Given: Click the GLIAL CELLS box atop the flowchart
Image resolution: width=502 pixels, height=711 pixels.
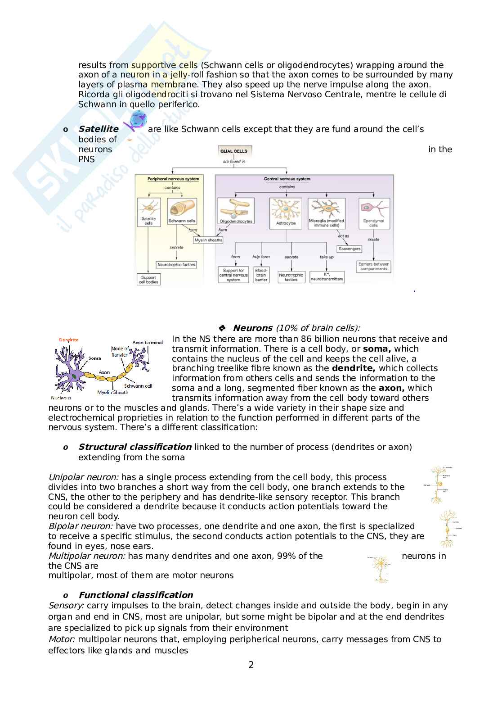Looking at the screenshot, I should click(x=233, y=151).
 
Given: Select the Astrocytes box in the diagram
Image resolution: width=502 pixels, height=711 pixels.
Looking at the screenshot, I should click(x=285, y=212).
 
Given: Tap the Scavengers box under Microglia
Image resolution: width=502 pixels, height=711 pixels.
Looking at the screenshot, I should click(x=349, y=249).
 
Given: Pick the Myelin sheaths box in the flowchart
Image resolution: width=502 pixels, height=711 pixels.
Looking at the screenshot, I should click(x=208, y=240).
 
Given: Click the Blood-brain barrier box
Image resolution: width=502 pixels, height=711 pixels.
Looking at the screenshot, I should click(x=261, y=275).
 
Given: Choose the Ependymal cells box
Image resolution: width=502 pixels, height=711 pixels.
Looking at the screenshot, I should click(x=373, y=212).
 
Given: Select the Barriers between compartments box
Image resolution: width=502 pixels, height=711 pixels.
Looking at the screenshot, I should click(x=373, y=266).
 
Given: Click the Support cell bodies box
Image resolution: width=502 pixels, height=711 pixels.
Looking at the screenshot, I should click(x=148, y=280).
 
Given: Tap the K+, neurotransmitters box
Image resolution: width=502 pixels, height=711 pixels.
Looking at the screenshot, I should click(x=327, y=276).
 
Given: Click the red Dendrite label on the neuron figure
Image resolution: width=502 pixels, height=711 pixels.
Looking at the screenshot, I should click(x=68, y=340).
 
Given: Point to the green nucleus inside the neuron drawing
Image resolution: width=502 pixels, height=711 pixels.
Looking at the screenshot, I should click(x=73, y=375).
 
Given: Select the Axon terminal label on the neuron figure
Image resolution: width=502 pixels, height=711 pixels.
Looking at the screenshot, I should click(x=148, y=342).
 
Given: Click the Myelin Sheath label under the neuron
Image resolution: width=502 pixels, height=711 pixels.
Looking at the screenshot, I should click(x=112, y=392).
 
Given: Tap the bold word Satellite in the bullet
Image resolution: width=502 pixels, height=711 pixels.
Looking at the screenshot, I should click(x=99, y=129).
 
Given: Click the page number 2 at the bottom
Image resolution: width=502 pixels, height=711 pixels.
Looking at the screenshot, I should click(x=251, y=665).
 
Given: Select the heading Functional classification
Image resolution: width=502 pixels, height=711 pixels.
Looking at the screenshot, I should click(x=135, y=595).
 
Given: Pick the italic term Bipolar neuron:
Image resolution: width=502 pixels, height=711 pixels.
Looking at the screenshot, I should click(x=81, y=526).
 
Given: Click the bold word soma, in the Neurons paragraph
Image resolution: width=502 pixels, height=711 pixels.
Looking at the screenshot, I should click(x=377, y=349).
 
